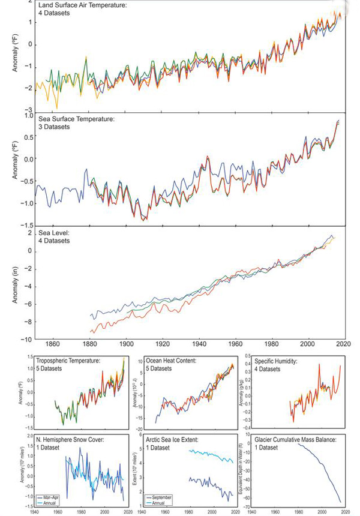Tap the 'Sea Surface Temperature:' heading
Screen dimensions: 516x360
coord(79,119)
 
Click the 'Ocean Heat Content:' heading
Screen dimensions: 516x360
coord(175,360)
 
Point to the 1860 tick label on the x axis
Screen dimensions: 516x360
coord(53,344)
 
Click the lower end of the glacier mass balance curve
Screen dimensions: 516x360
coord(340,502)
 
